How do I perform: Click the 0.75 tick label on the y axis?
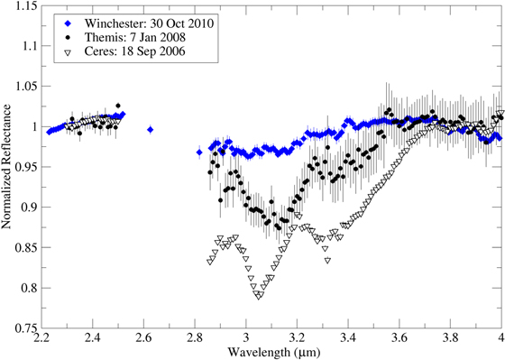click(x=27, y=330)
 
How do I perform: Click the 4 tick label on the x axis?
click(x=500, y=339)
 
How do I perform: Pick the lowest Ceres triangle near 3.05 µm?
click(x=260, y=296)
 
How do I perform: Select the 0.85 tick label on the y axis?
click(x=27, y=249)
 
